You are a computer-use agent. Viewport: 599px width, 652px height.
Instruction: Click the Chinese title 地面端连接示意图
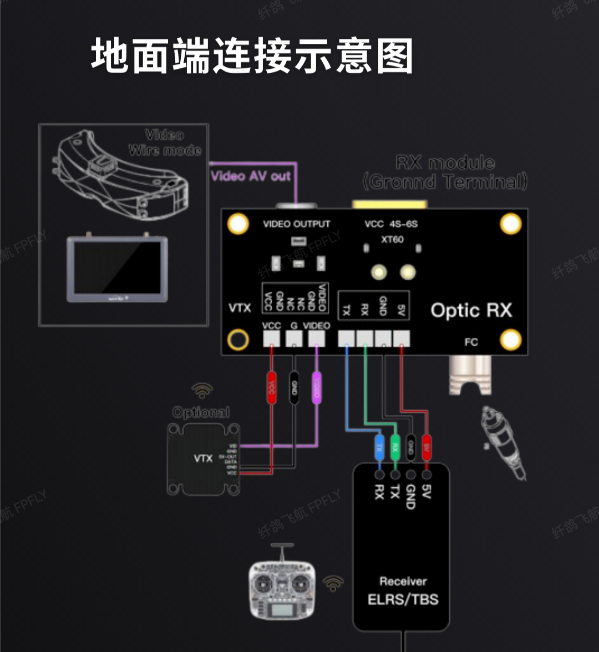pyautogui.click(x=252, y=55)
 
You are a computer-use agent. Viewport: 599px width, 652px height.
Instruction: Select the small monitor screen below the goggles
pyautogui.click(x=117, y=269)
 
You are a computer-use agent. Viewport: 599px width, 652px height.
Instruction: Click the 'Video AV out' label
pyautogui.click(x=251, y=176)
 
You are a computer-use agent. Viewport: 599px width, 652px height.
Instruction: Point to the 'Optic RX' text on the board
pyautogui.click(x=471, y=310)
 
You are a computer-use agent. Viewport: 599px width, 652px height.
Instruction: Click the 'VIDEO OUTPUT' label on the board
pyautogui.click(x=296, y=224)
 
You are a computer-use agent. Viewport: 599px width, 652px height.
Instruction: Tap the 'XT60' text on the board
pyautogui.click(x=392, y=240)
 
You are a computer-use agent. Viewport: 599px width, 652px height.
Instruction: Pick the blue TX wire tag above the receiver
pyautogui.click(x=379, y=445)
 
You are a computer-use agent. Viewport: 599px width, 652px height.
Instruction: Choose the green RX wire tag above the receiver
pyautogui.click(x=395, y=445)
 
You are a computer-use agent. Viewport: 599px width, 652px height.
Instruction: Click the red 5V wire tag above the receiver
pyautogui.click(x=427, y=445)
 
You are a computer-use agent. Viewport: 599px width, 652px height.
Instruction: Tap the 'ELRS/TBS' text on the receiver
pyautogui.click(x=403, y=599)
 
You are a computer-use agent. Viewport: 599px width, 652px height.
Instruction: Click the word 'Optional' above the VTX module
pyautogui.click(x=201, y=412)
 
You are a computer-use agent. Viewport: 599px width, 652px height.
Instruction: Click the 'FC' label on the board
pyautogui.click(x=471, y=342)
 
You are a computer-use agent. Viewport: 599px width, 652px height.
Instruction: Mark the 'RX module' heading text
pyautogui.click(x=445, y=163)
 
